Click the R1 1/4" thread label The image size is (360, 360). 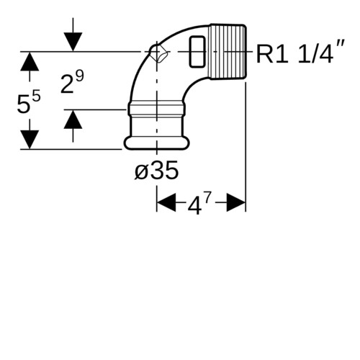(300, 52)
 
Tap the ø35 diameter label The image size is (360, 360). (156, 171)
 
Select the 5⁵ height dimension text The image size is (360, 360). (29, 102)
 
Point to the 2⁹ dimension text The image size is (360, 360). (72, 83)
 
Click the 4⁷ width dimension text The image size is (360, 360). (199, 203)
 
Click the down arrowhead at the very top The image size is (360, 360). (73, 42)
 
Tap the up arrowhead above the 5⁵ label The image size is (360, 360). (30, 61)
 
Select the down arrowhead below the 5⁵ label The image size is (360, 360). (30, 140)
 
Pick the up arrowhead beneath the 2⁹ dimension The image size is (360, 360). (73, 120)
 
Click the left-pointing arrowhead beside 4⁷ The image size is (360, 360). (166, 203)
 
